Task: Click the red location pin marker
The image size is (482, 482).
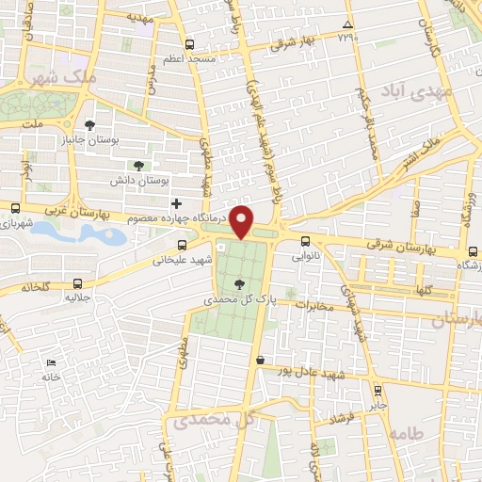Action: tap(243, 222)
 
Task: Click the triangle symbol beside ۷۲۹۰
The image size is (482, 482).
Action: tap(347, 24)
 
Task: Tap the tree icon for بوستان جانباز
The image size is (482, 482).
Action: tap(89, 124)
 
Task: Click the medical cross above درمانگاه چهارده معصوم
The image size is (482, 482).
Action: tap(175, 202)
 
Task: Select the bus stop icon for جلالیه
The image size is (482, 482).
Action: tap(77, 281)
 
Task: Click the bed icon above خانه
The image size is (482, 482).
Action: tap(51, 362)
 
